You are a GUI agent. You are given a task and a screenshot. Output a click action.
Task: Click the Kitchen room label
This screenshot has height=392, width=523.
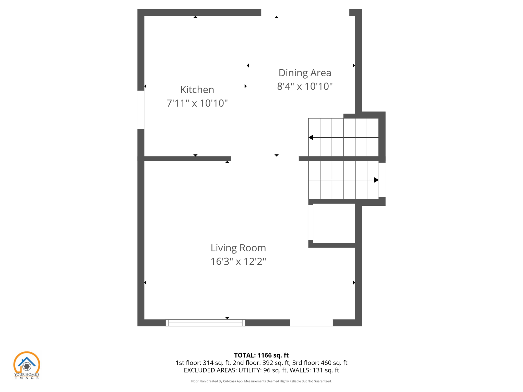coord(197,90)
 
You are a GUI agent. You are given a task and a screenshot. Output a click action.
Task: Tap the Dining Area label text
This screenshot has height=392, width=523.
coord(305,73)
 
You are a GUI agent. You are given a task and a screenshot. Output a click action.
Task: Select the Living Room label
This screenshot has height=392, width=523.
coord(238,248)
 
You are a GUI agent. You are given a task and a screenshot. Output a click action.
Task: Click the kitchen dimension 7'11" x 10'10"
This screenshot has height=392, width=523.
coord(197,103)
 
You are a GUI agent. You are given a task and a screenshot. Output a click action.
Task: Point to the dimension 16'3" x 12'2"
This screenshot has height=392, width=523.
coord(238,261)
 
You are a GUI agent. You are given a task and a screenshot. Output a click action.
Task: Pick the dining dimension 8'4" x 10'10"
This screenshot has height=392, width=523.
coord(305,86)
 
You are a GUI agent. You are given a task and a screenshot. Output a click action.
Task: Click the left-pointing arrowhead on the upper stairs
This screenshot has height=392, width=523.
coord(311,138)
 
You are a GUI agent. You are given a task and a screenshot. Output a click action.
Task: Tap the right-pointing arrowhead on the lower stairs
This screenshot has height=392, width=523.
coord(376,180)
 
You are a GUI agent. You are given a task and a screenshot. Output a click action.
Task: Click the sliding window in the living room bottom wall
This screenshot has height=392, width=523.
coord(205,323)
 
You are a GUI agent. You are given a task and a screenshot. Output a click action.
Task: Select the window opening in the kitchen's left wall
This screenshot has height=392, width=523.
coord(141,110)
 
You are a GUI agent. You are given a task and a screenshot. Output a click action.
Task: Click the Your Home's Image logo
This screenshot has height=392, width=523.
coord(27,365)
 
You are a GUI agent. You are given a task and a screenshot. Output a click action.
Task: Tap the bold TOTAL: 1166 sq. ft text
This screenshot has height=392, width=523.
coord(261,355)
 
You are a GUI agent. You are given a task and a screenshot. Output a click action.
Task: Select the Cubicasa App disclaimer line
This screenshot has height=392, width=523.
coord(261,381)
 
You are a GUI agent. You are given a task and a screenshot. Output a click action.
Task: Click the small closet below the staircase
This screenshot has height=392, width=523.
coord(334,223)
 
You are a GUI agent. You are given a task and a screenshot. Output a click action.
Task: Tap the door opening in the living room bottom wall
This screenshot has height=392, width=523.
coord(311,323)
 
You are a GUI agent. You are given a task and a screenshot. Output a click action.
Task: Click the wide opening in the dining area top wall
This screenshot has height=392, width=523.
coord(305,13)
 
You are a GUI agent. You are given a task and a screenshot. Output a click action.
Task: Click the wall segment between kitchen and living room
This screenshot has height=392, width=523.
coord(187,159)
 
